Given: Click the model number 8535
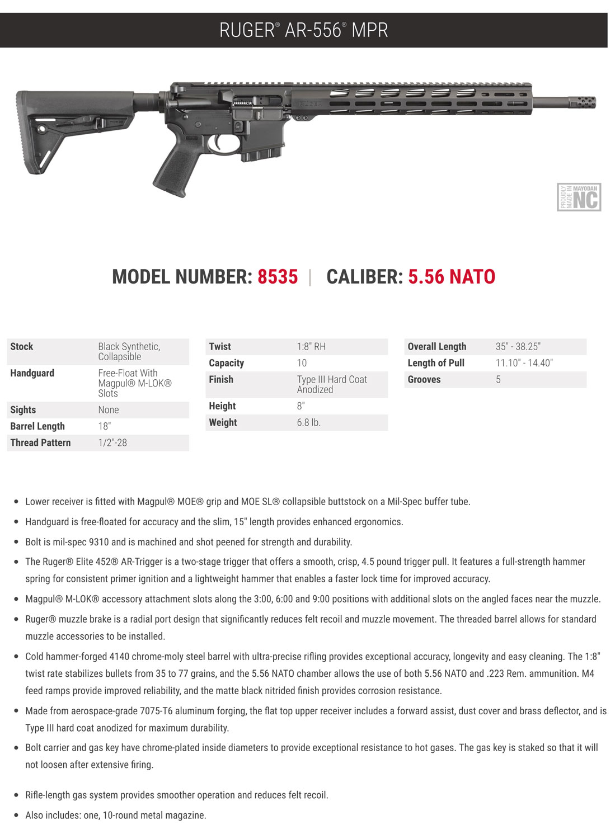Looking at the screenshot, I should click(278, 277).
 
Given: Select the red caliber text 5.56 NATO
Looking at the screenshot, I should click(452, 277).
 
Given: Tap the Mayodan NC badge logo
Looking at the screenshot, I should click(579, 197).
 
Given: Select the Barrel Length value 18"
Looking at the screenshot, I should click(105, 426).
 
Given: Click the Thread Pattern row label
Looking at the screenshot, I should click(41, 442).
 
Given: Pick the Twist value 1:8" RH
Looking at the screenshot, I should click(311, 347).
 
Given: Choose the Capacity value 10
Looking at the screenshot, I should click(302, 363).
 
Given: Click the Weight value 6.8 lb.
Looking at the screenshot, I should click(308, 422).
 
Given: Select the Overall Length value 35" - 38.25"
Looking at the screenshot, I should click(518, 347).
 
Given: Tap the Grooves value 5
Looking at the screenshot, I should click(498, 379).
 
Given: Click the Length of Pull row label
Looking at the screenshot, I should click(436, 363).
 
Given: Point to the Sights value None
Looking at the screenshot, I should click(109, 410).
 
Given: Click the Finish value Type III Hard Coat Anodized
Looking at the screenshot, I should click(332, 384).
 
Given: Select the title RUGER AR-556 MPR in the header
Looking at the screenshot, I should click(304, 30).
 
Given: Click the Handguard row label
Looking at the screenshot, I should click(32, 373).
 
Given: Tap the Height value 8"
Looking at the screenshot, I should click(301, 406).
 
